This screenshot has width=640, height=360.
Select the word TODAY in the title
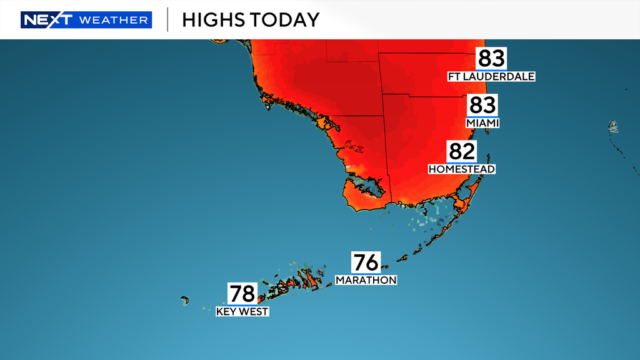click(285, 20)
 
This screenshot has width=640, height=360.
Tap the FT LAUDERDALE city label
click(491, 77)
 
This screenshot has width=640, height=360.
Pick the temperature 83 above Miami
click(482, 105)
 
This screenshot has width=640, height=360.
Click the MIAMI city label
click(482, 124)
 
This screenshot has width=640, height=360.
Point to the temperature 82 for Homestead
click(462, 151)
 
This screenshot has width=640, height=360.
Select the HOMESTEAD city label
click(462, 169)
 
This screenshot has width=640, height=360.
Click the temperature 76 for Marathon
click(366, 262)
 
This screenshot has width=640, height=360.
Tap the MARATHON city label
click(366, 281)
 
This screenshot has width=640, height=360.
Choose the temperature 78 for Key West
click(242, 293)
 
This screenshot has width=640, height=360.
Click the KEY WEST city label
click(242, 311)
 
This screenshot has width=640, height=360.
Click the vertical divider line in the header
click(167, 20)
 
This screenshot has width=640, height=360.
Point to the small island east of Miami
click(614, 127)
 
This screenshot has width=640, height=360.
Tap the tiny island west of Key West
click(185, 301)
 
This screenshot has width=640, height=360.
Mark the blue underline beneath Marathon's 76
click(366, 273)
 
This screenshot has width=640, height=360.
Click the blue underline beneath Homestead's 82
click(462, 162)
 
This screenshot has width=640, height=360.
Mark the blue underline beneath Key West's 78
click(242, 304)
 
